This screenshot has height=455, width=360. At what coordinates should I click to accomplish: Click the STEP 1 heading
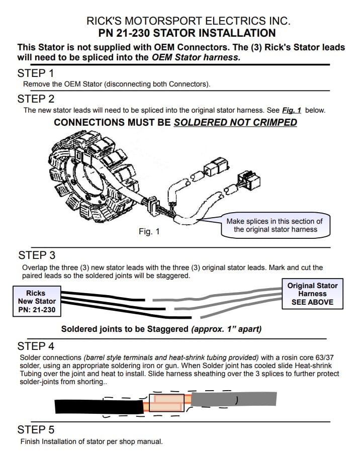[x=36, y=73]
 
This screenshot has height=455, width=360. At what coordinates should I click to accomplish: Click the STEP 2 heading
[x=36, y=99]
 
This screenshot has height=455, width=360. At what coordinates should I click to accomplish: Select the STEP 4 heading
[x=36, y=346]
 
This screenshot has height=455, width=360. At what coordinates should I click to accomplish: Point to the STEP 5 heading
[x=36, y=430]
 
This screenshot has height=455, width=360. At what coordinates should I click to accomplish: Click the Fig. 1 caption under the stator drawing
[x=149, y=232]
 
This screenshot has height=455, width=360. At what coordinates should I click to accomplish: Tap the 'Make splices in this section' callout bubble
[x=274, y=225]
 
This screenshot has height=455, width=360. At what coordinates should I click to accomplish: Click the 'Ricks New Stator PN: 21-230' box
[x=36, y=301]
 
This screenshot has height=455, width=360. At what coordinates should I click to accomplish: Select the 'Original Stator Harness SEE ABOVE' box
[x=312, y=294]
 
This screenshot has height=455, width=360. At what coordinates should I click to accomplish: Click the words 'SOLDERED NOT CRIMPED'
[x=235, y=122]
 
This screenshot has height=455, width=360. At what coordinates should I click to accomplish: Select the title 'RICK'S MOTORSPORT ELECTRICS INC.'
[x=189, y=21]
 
